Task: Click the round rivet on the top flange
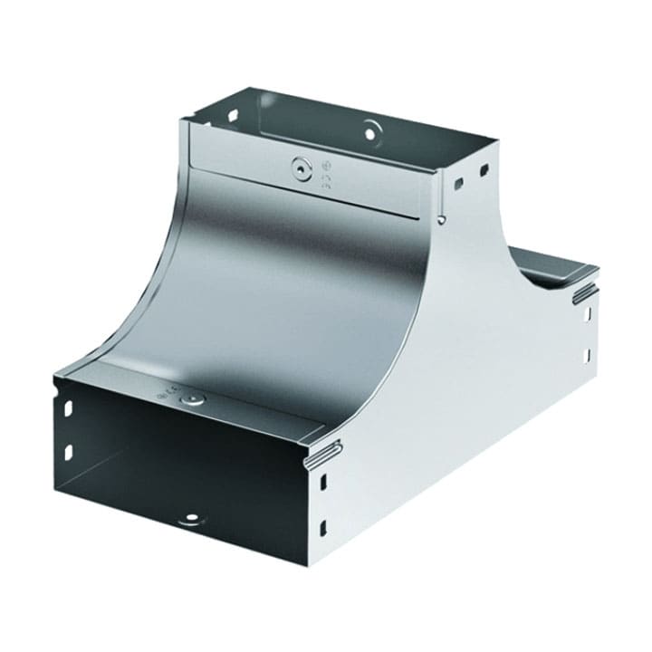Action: click(x=300, y=168)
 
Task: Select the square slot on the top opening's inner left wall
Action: click(x=232, y=116)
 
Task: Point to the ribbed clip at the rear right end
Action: click(x=583, y=291)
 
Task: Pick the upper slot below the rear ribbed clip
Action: click(x=586, y=314)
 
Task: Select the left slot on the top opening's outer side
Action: click(x=459, y=184)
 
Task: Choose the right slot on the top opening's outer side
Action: click(x=484, y=171)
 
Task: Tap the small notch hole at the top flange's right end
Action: click(x=440, y=218)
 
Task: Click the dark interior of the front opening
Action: click(x=181, y=471)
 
